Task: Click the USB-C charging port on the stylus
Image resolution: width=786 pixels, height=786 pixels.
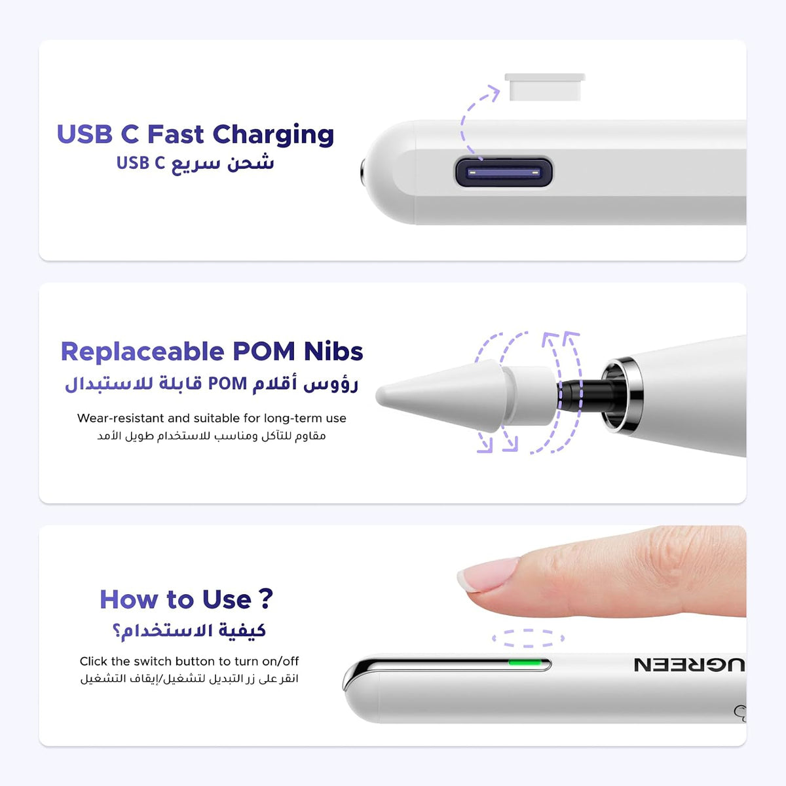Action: click(504, 172)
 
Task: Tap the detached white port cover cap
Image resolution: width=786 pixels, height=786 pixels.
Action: click(545, 87)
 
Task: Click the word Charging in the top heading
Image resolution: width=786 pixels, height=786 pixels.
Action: click(273, 135)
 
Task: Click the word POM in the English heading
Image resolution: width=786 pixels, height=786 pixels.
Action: click(263, 351)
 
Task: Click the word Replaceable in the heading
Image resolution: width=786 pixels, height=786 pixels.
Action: click(142, 351)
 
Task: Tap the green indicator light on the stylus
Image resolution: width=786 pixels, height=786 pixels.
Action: click(525, 662)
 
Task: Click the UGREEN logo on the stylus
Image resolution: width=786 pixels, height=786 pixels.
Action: click(689, 665)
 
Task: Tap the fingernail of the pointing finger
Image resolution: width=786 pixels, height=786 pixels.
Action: click(489, 574)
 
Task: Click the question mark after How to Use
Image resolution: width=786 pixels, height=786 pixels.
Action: click(265, 599)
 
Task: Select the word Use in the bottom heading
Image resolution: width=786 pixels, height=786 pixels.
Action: click(227, 599)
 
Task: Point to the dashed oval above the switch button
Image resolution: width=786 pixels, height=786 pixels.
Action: click(528, 639)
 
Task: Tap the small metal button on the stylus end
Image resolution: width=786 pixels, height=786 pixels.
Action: click(363, 172)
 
